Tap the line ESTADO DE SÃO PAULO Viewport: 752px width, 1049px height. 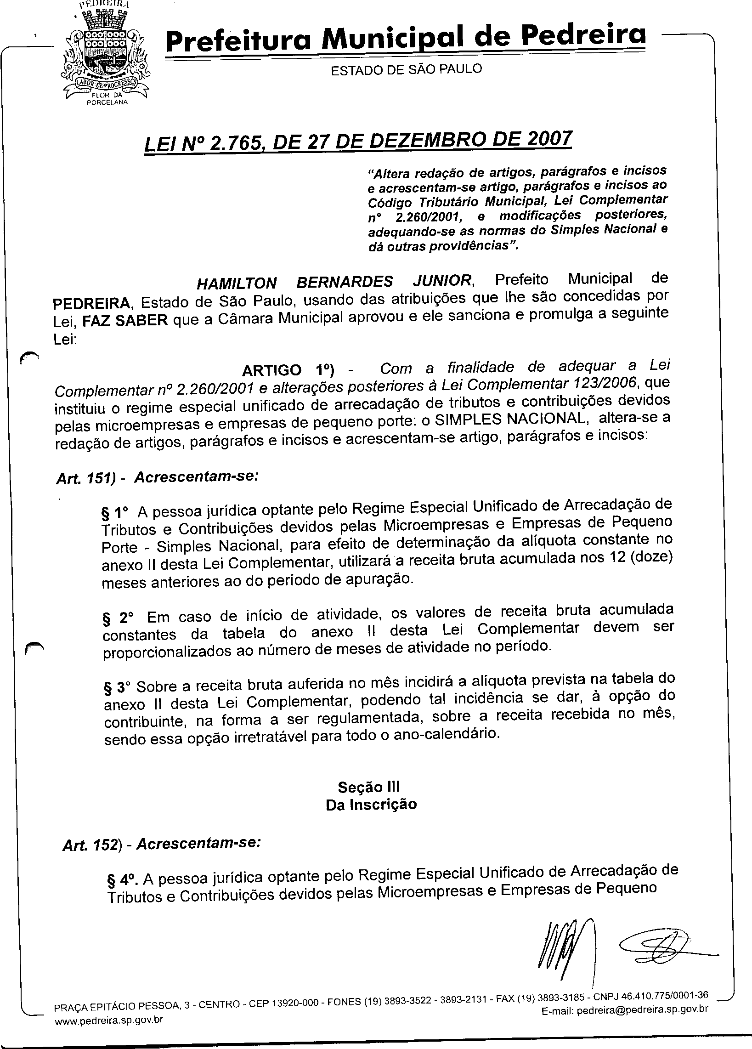pyautogui.click(x=406, y=69)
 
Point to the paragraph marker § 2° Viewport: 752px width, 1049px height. pyautogui.click(x=118, y=618)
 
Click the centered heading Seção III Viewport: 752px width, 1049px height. pyautogui.click(x=368, y=787)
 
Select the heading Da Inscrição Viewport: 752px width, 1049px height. pyautogui.click(x=371, y=805)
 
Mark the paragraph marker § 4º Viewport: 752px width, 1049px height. pyautogui.click(x=123, y=878)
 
